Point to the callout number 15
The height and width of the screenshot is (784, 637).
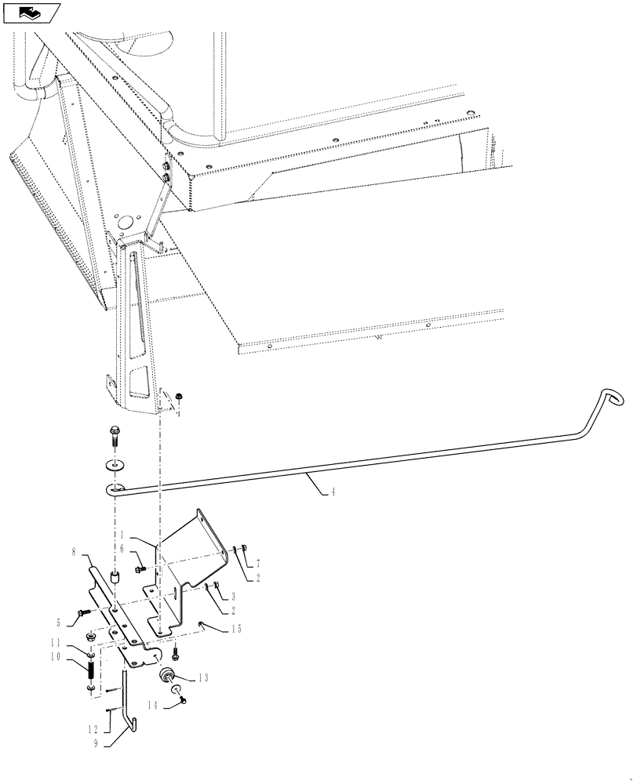(236, 630)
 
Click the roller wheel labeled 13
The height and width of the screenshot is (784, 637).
(169, 677)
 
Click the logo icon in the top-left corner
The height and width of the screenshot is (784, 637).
(31, 12)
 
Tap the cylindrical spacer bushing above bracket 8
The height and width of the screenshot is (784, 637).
(115, 579)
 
